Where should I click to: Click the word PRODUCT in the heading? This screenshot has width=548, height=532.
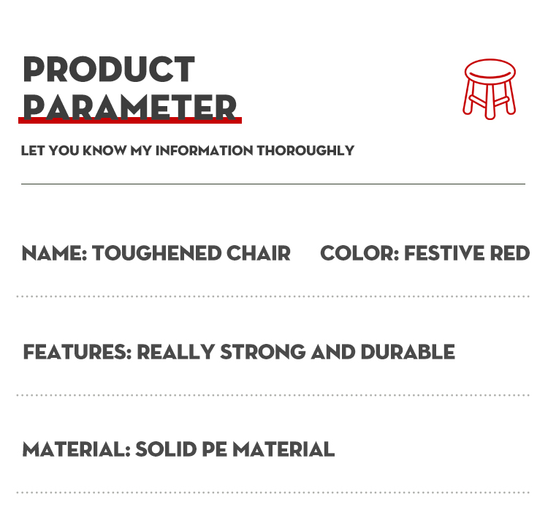pos(109,70)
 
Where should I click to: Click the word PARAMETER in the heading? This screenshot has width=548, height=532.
pos(129,106)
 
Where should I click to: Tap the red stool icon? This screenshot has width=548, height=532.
pos(490,88)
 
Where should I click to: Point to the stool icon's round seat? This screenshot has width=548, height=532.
pos(490,72)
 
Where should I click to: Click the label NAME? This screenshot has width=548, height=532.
pos(55,254)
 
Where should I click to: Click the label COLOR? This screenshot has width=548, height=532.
pos(359,254)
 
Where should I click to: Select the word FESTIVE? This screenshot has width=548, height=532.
pos(444,254)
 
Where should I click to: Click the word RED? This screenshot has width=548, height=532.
pos(510,254)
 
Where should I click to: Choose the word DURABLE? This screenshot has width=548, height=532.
pos(408,352)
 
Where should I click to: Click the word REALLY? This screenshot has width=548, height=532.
pos(175,352)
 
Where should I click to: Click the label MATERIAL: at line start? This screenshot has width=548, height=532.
pos(76,449)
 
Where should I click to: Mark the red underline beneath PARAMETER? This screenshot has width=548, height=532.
pos(130,120)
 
